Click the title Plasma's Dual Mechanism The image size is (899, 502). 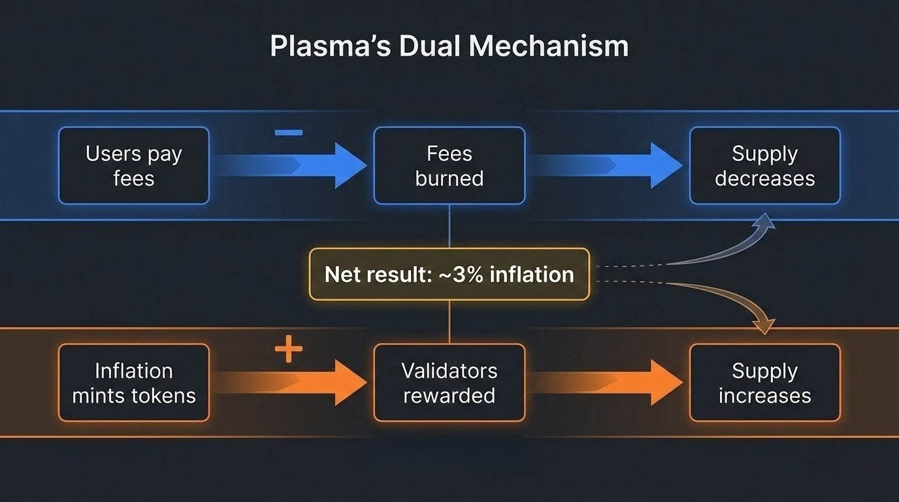[x=449, y=47]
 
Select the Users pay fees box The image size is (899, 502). [x=134, y=165]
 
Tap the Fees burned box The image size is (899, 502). [x=449, y=165]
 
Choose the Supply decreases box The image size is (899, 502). [x=764, y=165]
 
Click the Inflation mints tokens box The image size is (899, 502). [x=134, y=382]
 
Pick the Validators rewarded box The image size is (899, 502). [x=449, y=382]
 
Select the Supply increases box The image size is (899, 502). [x=764, y=382]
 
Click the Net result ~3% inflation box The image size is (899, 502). [x=449, y=274]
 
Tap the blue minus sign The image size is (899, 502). [x=288, y=133]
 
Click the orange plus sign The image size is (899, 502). [x=288, y=351]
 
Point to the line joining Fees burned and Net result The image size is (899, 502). [x=449, y=226]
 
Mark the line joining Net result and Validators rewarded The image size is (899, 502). [x=449, y=322]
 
